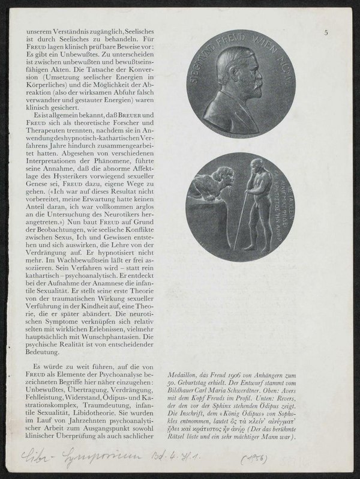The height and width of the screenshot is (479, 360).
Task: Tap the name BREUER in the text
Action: point(136,115)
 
